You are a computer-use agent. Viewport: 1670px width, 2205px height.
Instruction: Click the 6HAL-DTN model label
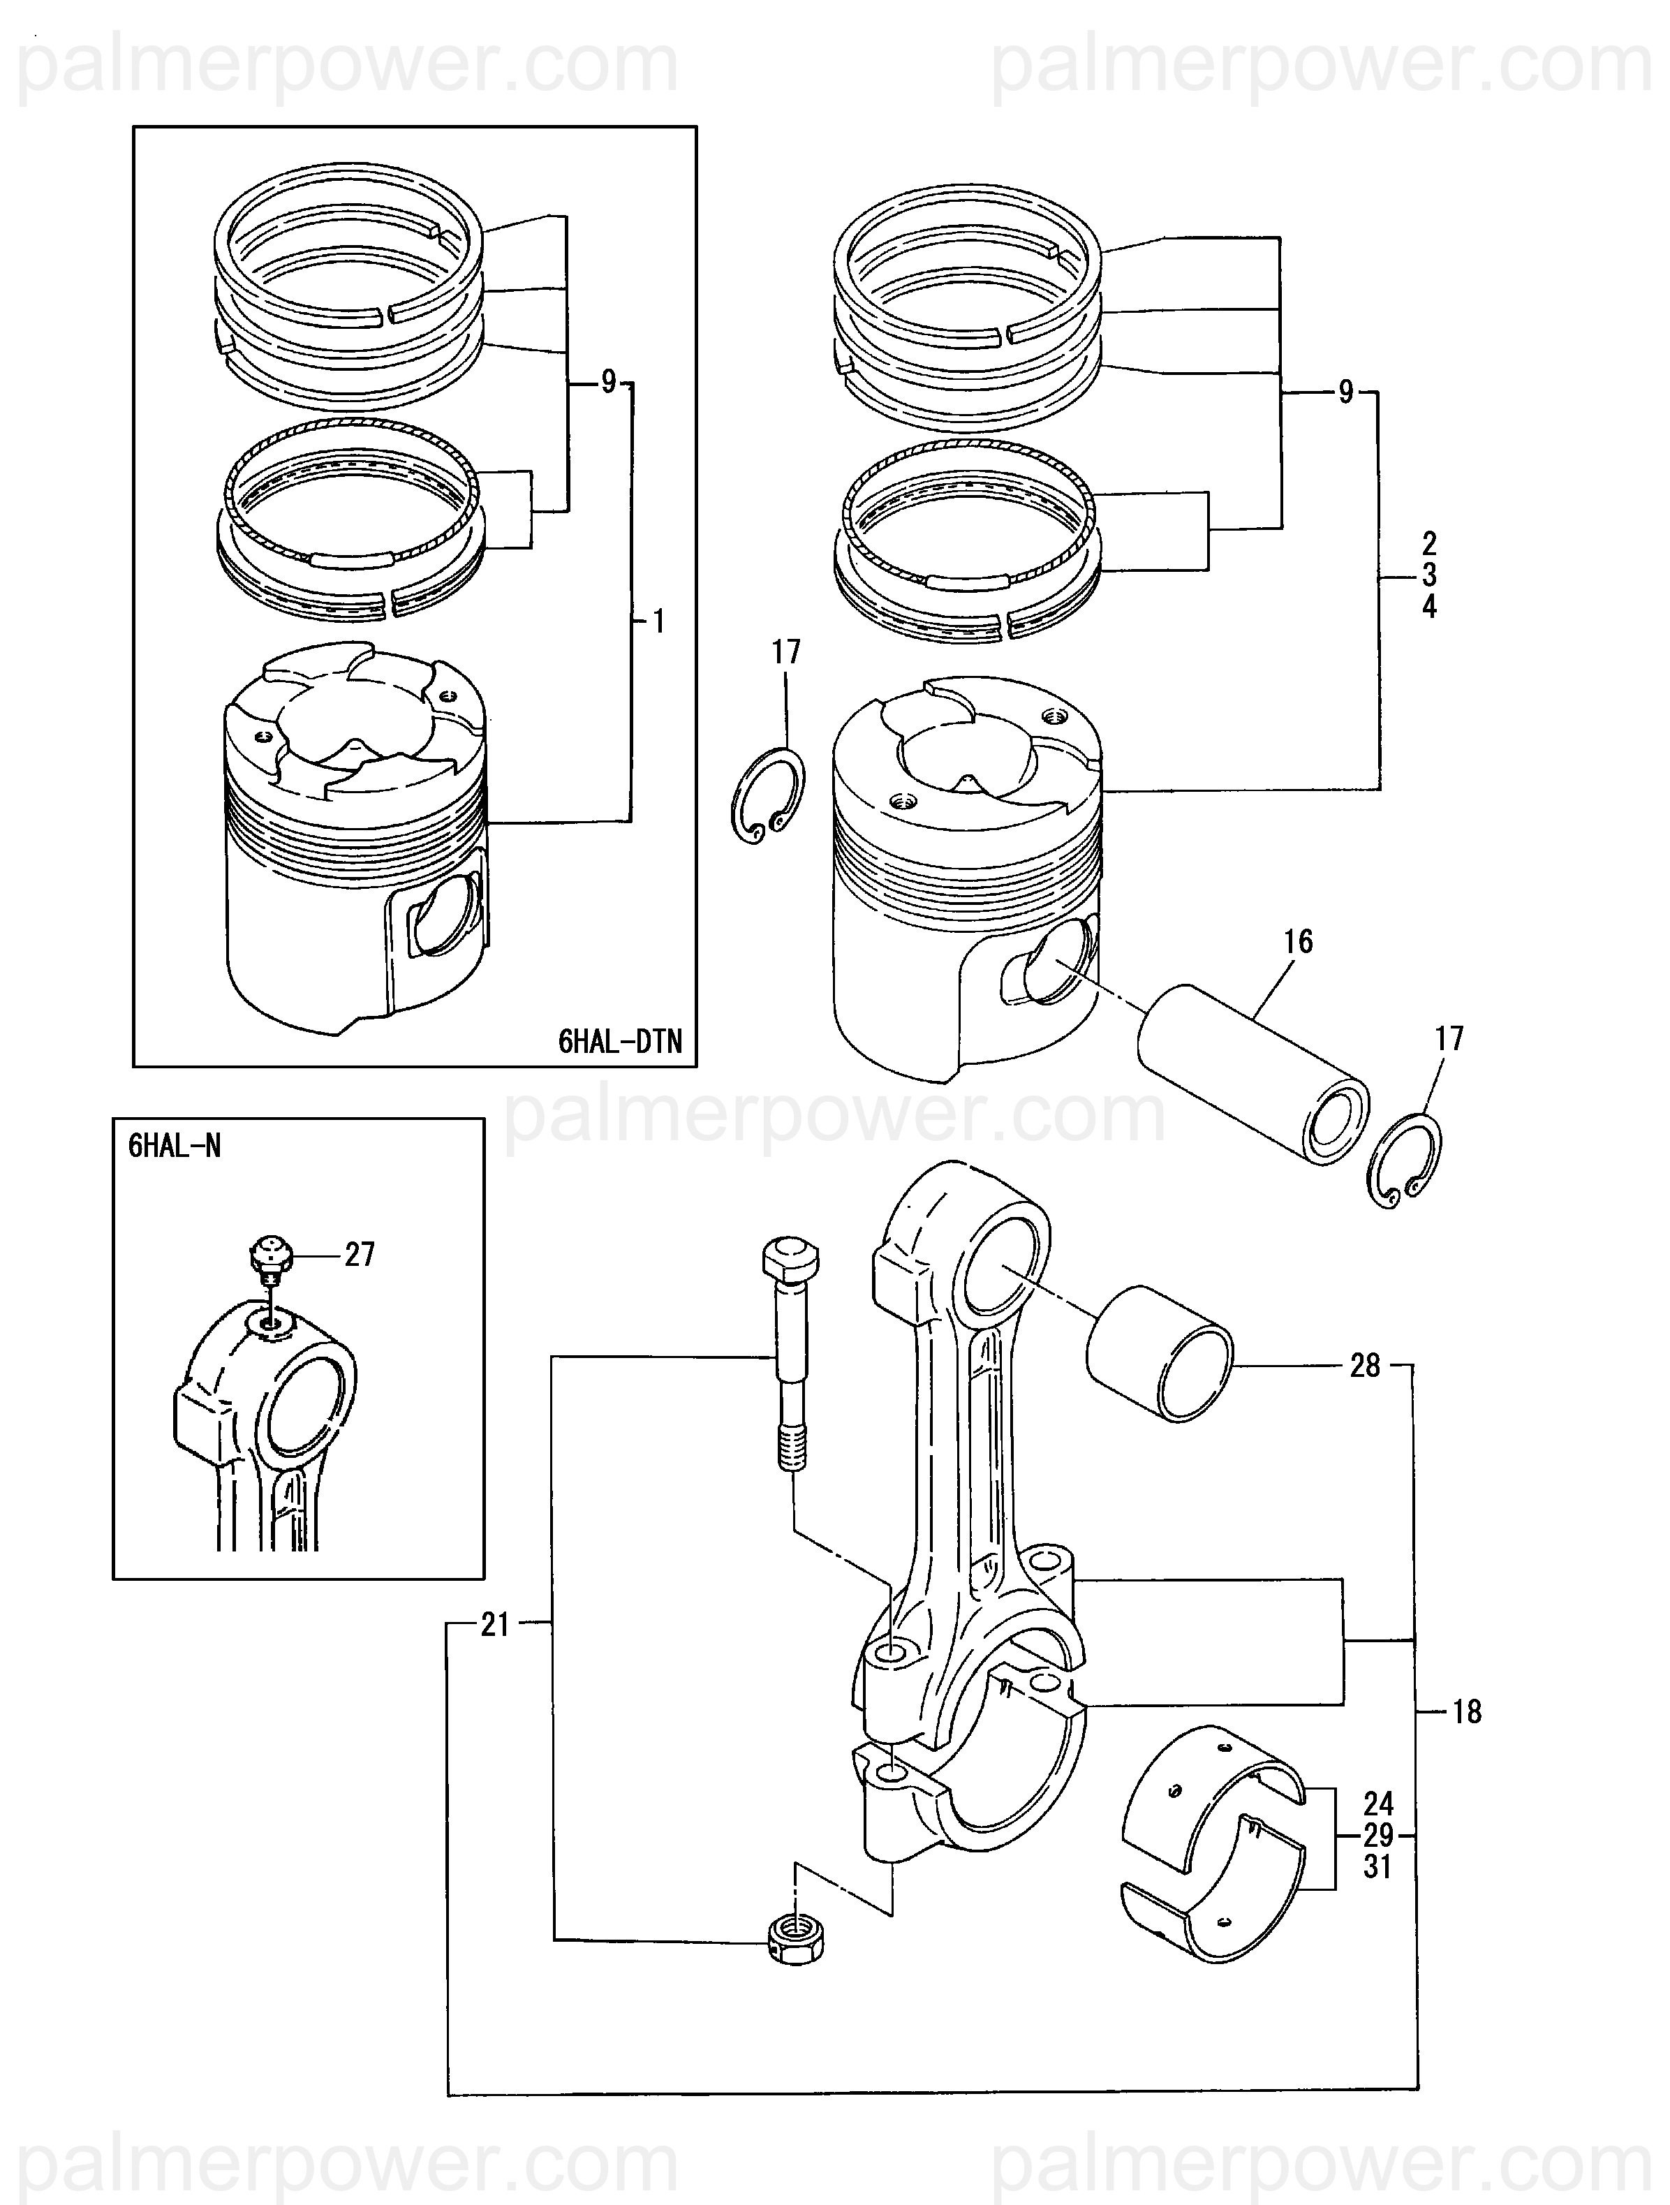click(x=620, y=1042)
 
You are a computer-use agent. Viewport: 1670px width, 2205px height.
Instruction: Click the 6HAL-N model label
click(x=175, y=1146)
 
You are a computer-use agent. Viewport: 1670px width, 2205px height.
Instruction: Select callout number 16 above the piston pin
click(x=1298, y=941)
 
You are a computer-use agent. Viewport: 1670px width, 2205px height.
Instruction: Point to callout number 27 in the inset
click(x=360, y=1254)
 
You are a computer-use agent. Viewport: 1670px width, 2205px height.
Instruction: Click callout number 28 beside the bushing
click(x=1365, y=1366)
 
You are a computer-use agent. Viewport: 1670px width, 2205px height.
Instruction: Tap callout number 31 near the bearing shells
click(x=1378, y=1867)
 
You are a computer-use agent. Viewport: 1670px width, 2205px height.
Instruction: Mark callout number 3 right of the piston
click(x=1428, y=575)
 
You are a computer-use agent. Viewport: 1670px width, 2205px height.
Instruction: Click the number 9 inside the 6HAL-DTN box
click(x=608, y=382)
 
